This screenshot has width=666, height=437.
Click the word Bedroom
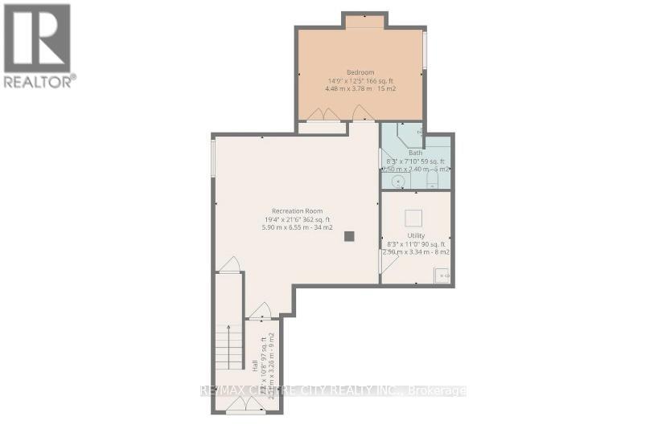(x=361, y=71)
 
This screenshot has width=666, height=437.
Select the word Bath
(x=415, y=153)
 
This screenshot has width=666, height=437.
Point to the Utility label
(x=416, y=235)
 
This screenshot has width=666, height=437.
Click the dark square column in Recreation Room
(x=348, y=236)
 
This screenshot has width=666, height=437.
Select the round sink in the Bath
(x=397, y=182)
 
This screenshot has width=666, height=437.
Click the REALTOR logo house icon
(x=37, y=38)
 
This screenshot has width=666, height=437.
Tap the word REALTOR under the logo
(x=39, y=80)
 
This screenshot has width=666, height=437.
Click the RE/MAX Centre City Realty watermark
(x=333, y=391)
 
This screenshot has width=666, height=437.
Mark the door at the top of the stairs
(x=230, y=265)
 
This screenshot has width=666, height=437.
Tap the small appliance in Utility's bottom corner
(x=442, y=276)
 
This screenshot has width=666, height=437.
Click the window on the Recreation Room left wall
(x=213, y=159)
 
